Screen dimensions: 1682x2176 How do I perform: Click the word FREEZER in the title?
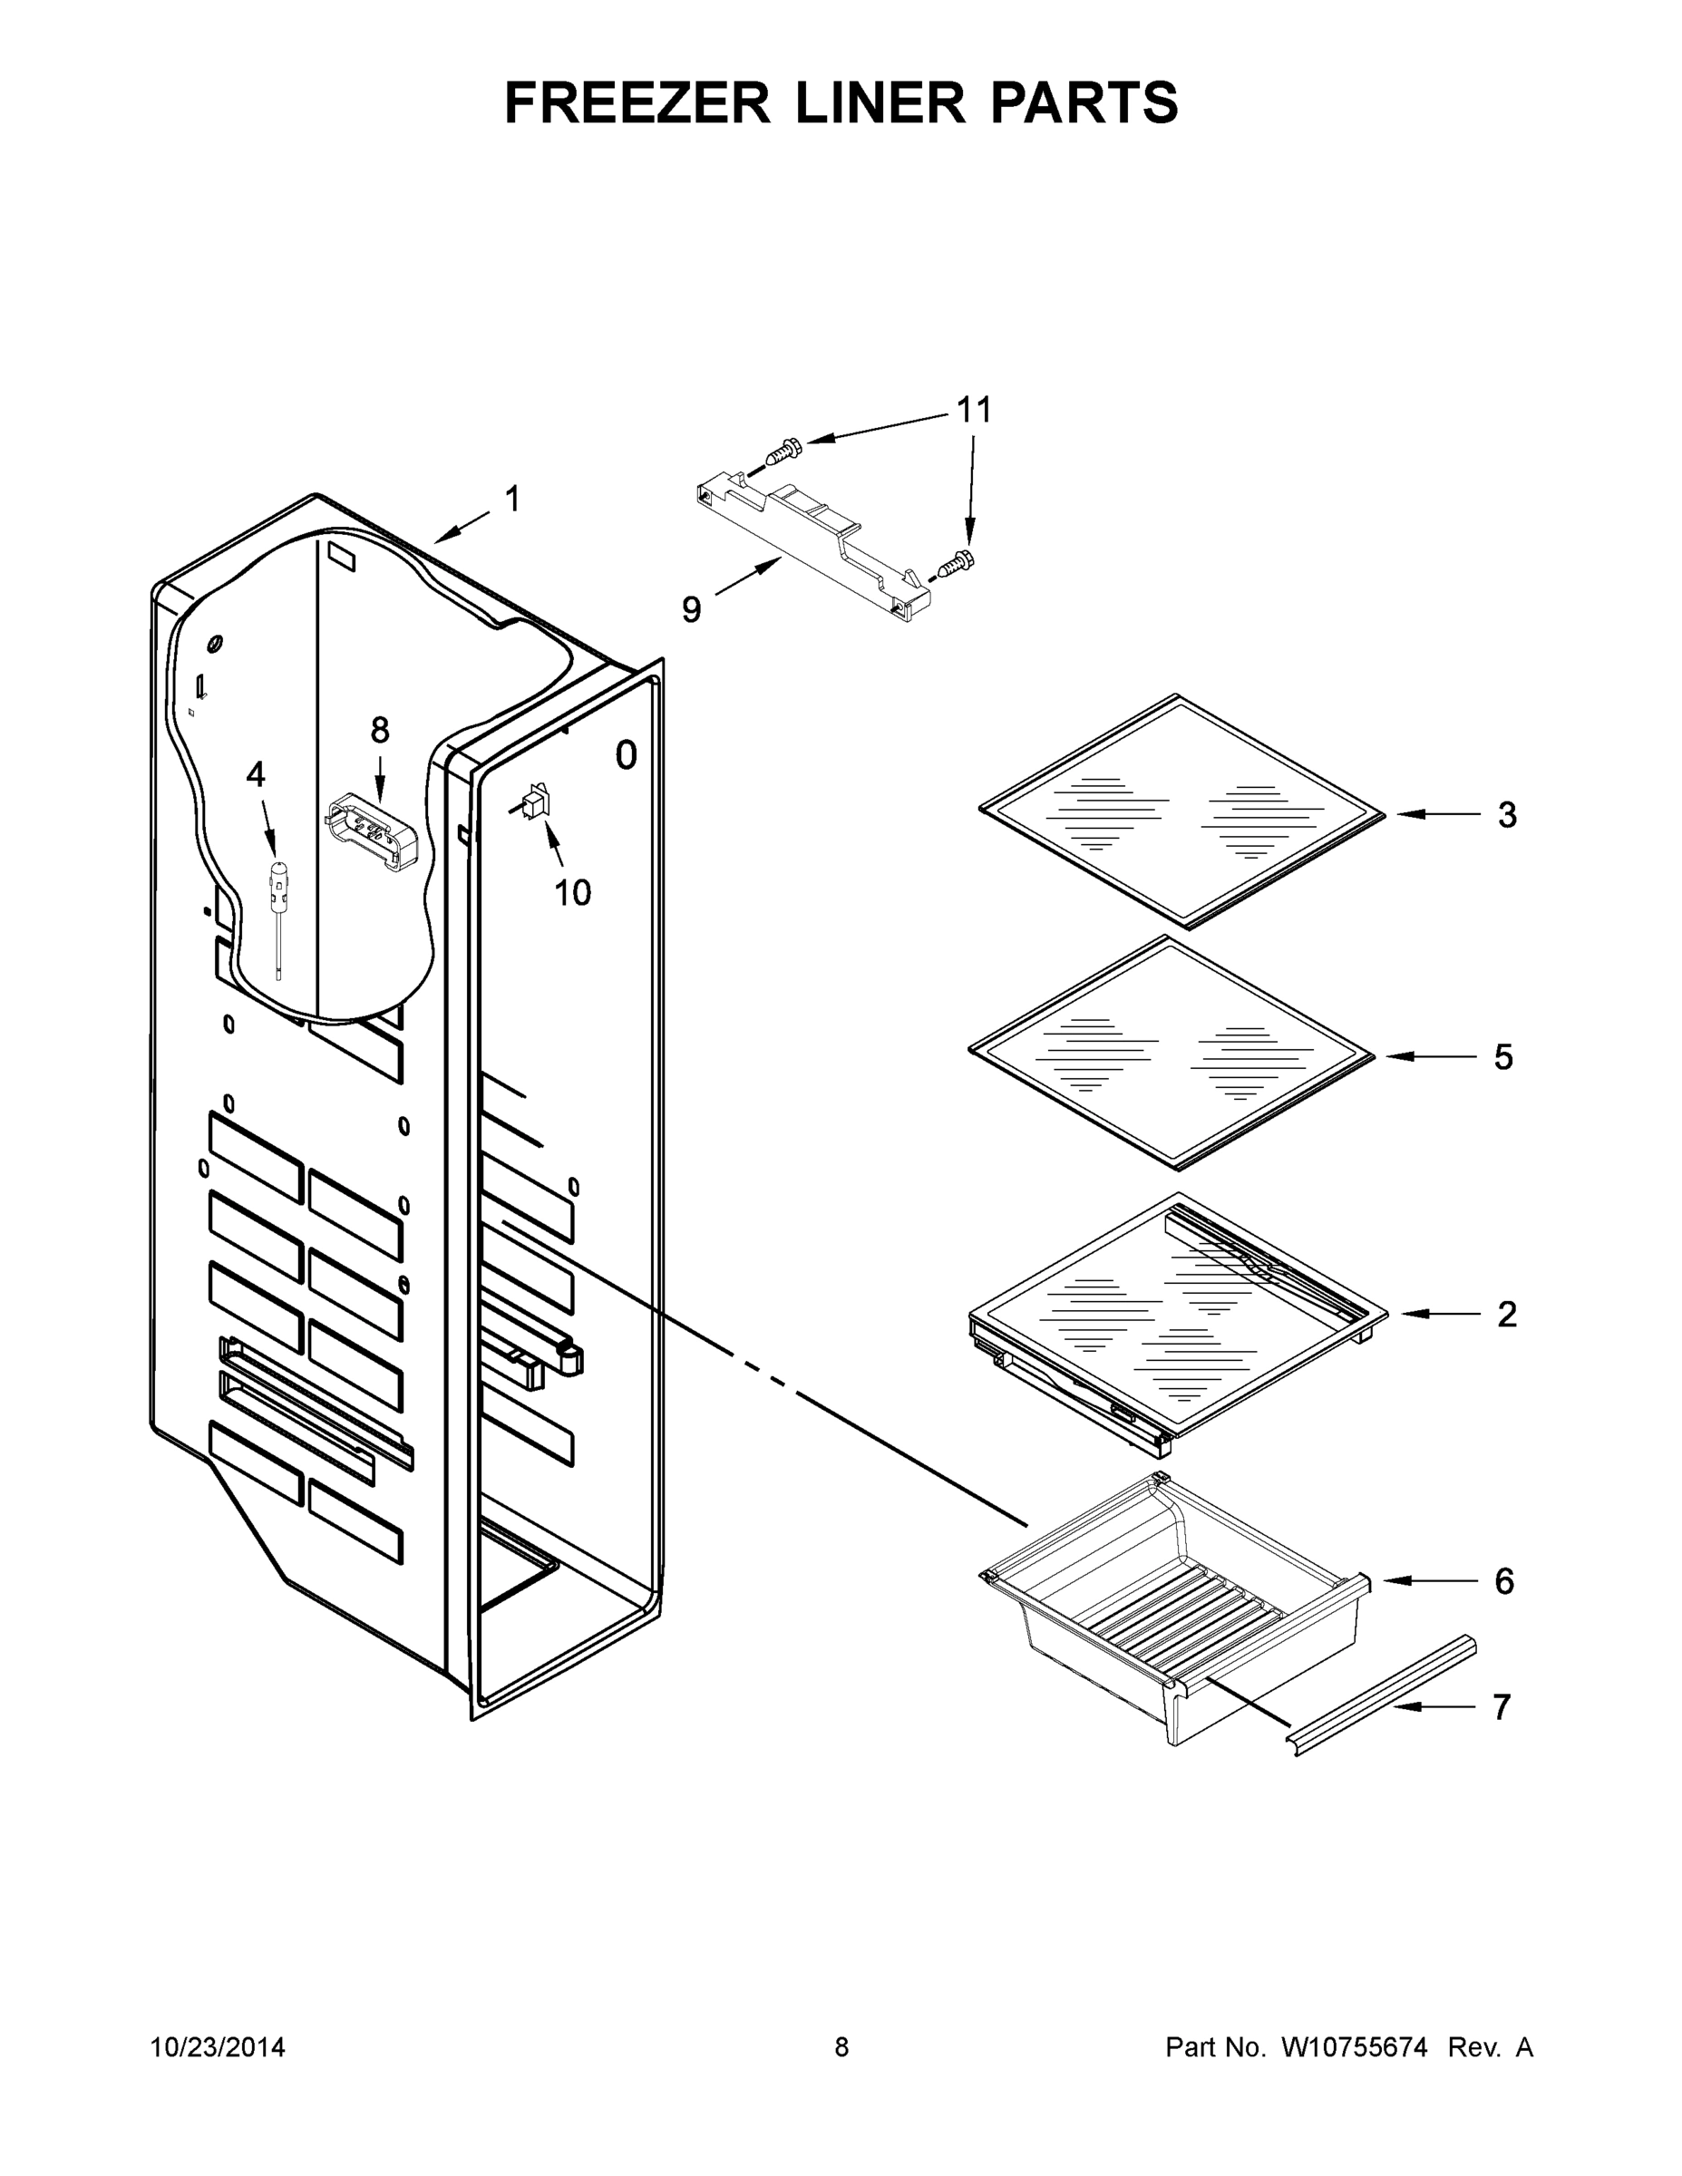(637, 102)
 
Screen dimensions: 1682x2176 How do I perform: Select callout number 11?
(974, 410)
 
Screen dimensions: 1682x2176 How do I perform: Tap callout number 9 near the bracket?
(691, 608)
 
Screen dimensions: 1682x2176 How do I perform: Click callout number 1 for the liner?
(512, 500)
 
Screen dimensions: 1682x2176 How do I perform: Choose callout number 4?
(256, 774)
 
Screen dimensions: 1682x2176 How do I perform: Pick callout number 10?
(572, 893)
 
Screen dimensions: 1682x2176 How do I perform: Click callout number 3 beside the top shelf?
(1507, 815)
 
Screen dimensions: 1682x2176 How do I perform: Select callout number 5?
(1502, 1057)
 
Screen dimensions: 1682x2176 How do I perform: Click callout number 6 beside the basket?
(1504, 1580)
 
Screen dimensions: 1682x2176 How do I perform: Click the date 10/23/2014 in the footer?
(218, 2047)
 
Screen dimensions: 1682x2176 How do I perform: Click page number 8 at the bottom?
(841, 2047)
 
